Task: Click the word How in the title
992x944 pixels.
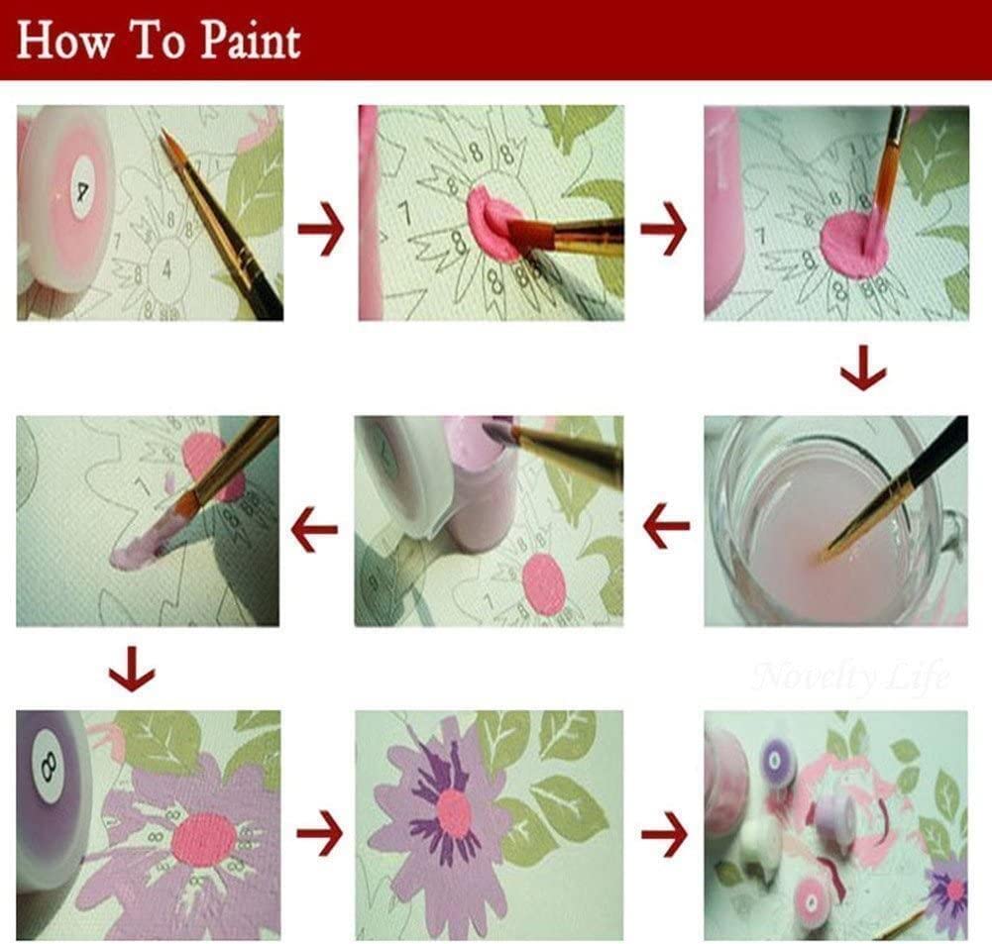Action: coord(61,42)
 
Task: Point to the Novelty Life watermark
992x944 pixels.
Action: coord(850,677)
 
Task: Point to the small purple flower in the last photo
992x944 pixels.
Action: coord(949,887)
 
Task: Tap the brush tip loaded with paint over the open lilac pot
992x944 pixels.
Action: coord(496,432)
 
